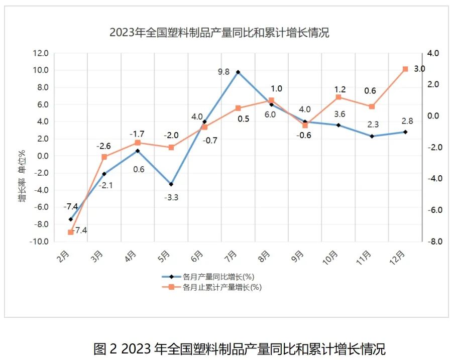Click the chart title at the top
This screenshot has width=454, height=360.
tap(219, 33)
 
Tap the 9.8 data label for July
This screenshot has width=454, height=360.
tap(223, 72)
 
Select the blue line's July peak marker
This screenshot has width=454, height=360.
tap(238, 72)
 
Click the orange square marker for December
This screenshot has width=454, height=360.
tap(405, 69)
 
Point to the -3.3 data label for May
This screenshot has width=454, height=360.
tap(171, 197)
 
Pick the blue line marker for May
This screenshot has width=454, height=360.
tap(171, 184)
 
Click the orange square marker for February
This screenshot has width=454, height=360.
tap(71, 232)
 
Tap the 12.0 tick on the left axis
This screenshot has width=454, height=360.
tap(41, 53)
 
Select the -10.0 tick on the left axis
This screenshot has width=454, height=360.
tap(39, 242)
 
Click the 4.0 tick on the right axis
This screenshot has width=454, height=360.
tap(433, 53)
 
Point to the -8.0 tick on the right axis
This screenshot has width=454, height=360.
tap(432, 242)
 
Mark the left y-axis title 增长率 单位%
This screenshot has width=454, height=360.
tap(22, 176)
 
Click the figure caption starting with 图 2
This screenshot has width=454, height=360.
tap(239, 348)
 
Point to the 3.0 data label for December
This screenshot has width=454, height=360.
tap(419, 69)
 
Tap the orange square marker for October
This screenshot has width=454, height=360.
tap(338, 97)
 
